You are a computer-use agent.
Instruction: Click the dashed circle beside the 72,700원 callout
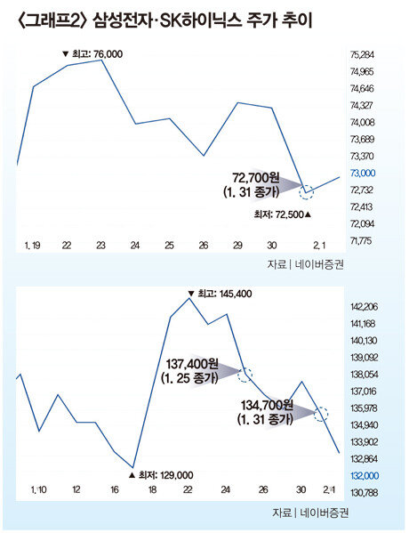pyautogui.click(x=306, y=192)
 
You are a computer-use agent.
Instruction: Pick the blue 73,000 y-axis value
pyautogui.click(x=363, y=173)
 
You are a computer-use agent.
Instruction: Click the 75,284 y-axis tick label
pyautogui.click(x=362, y=55)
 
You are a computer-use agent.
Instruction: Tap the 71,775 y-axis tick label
pyautogui.click(x=362, y=240)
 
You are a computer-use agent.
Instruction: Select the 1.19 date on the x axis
pyautogui.click(x=33, y=245)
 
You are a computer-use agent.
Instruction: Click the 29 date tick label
pyautogui.click(x=237, y=245)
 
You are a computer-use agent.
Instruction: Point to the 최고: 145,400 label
pyautogui.click(x=221, y=294)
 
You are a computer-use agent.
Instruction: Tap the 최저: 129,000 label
pyautogui.click(x=161, y=475)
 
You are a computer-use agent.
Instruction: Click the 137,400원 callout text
pyautogui.click(x=192, y=364)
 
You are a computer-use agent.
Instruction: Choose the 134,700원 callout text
pyautogui.click(x=267, y=405)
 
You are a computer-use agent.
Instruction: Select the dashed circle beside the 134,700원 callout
pyautogui.click(x=321, y=415)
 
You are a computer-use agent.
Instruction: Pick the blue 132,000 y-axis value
pyautogui.click(x=365, y=475)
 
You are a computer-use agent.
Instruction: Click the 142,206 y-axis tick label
pyautogui.click(x=365, y=307)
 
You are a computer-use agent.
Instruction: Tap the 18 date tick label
pyautogui.click(x=153, y=489)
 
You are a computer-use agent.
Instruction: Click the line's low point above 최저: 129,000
pyautogui.click(x=132, y=467)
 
